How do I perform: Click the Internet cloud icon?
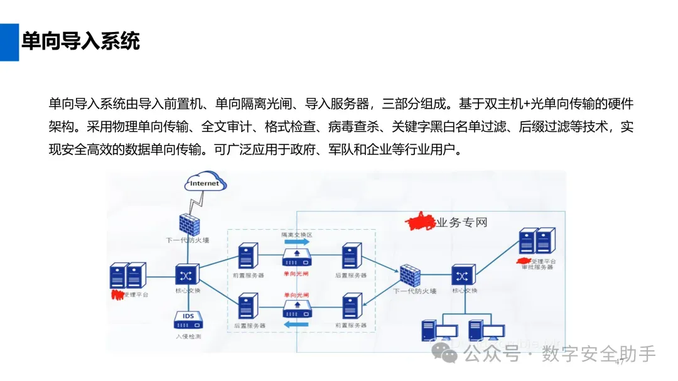(x=205, y=183)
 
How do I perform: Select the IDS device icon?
(x=188, y=319)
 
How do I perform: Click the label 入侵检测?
(x=188, y=336)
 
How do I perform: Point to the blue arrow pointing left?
(x=296, y=325)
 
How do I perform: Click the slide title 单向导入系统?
(x=80, y=41)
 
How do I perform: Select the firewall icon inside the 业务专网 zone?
(x=409, y=274)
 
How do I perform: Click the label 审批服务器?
(x=537, y=267)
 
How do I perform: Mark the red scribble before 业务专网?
(x=421, y=222)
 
